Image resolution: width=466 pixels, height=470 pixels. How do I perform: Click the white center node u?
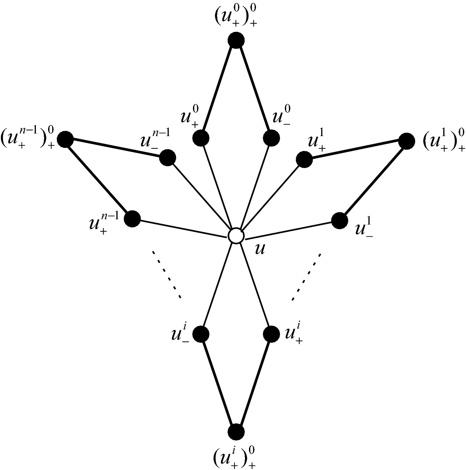tap(236, 235)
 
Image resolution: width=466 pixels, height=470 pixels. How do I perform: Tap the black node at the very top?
tap(236, 41)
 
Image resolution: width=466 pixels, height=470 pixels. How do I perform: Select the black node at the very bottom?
tap(236, 432)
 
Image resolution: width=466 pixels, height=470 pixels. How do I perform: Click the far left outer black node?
tap(65, 140)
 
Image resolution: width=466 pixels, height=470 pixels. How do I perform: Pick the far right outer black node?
tap(406, 141)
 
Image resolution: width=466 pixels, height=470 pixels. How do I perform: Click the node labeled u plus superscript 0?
tap(201, 138)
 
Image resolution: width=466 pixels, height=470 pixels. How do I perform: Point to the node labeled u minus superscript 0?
tap(271, 138)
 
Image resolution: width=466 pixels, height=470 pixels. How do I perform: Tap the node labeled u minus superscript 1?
tap(339, 220)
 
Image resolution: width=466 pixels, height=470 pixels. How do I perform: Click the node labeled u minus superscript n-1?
tap(168, 158)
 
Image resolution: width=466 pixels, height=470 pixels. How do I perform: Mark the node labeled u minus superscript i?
tap(201, 334)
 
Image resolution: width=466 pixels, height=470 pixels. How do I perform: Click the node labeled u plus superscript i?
tap(271, 334)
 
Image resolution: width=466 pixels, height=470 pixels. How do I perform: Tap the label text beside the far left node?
tap(28, 139)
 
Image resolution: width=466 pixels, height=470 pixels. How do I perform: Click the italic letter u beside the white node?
tap(259, 250)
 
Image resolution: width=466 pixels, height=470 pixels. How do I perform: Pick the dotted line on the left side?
tap(166, 275)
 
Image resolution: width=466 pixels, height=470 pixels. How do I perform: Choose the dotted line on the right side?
tap(307, 277)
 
